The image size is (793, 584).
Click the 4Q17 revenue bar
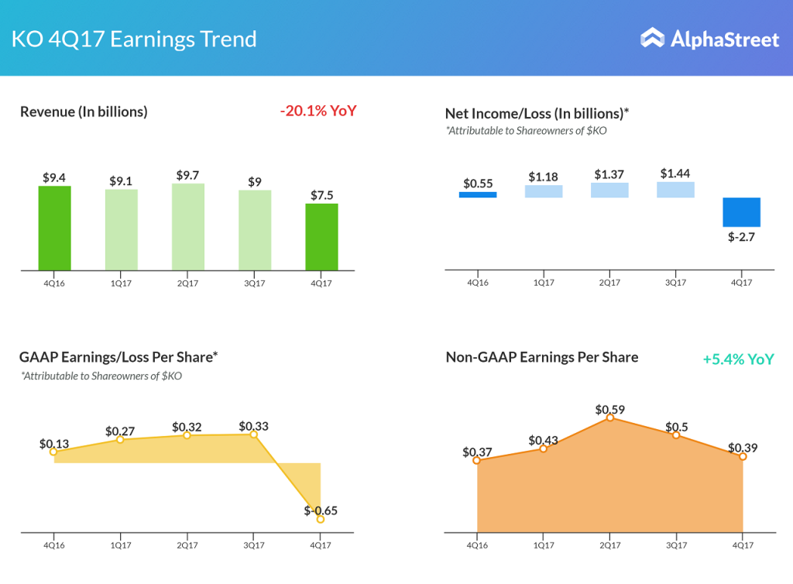[321, 237]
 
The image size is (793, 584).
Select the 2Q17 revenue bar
[187, 227]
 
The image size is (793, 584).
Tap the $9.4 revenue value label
[54, 177]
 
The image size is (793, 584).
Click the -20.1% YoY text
[318, 111]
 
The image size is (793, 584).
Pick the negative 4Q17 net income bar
[741, 211]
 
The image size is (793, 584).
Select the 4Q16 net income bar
[478, 194]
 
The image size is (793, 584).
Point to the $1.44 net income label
[675, 174]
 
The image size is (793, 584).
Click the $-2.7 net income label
[741, 237]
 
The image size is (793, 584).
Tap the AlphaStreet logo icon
[653, 38]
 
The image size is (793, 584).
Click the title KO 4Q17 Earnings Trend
[134, 39]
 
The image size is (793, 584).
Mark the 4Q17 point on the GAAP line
[321, 520]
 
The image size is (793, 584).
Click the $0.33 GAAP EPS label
[254, 426]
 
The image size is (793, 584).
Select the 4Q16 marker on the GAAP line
[53, 452]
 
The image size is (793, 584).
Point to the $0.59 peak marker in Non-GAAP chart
[610, 417]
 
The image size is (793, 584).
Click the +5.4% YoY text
[738, 359]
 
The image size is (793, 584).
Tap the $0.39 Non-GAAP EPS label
[742, 448]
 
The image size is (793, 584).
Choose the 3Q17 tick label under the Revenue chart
[254, 283]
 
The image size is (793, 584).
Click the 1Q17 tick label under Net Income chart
[544, 283]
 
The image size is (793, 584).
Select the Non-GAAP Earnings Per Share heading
[542, 357]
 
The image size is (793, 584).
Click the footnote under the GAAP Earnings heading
[102, 376]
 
